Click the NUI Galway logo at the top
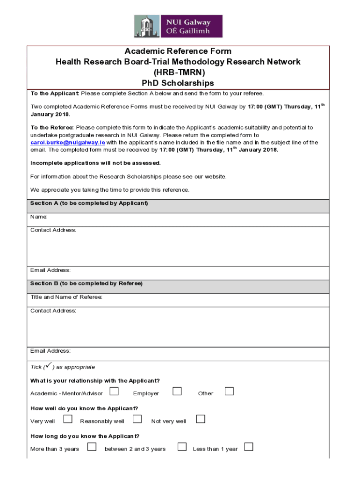tap(178, 26)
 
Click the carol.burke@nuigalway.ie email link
tap(68, 142)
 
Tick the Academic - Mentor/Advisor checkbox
tap(114, 391)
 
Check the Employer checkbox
tap(177, 391)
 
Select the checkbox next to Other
tap(229, 391)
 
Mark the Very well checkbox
tap(68, 419)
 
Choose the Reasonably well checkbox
tap(137, 419)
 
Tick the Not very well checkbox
tap(201, 419)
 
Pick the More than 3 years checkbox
tap(92, 447)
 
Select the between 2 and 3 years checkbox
tap(182, 447)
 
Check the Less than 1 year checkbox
tap(249, 447)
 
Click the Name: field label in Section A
tap(39, 217)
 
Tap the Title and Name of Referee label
tap(66, 297)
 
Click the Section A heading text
tap(89, 203)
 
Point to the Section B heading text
tap(86, 283)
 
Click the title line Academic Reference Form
tap(178, 51)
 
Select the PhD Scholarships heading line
tap(178, 83)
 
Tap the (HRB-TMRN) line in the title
tap(178, 73)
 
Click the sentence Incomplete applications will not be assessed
tap(95, 163)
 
